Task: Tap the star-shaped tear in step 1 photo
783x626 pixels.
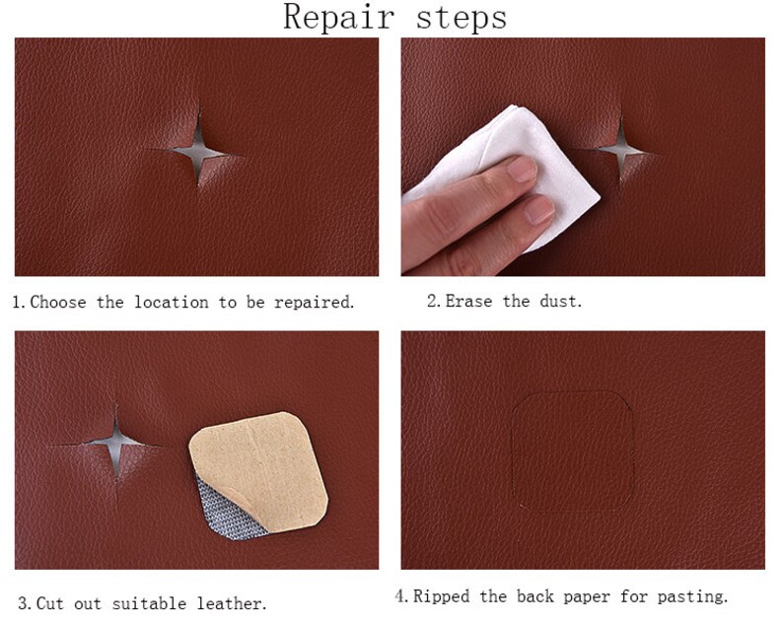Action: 198,151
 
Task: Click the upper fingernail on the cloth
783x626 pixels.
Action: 522,170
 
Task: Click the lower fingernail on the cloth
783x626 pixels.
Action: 539,208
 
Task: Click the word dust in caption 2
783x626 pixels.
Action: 560,302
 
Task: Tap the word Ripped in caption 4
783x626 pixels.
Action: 440,596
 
